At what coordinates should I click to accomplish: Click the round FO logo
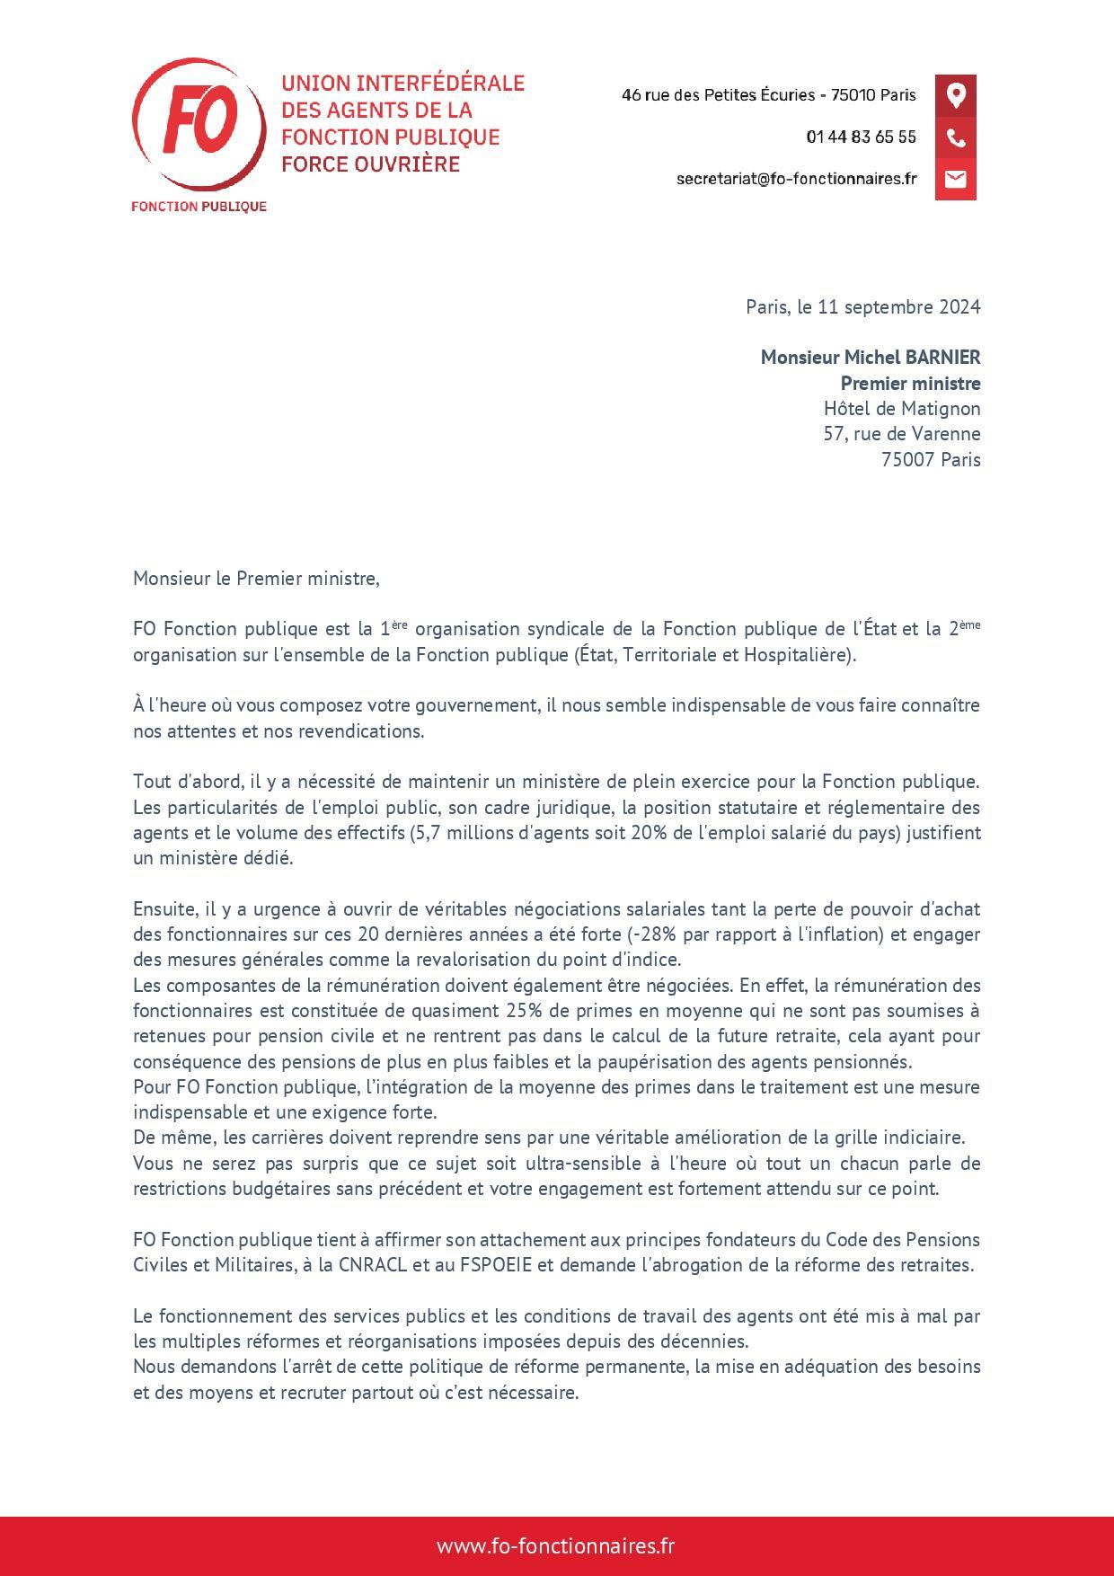point(199,123)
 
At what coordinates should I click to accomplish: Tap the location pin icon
point(955,95)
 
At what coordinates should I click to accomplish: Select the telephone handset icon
point(955,137)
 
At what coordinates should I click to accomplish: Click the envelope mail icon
point(955,179)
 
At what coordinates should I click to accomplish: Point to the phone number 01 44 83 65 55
point(861,137)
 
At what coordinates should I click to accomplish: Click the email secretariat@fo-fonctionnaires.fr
point(796,179)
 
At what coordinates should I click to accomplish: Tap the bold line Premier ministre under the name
point(910,383)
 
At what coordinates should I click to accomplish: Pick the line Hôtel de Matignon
point(902,408)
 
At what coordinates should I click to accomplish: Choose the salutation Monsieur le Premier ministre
point(256,578)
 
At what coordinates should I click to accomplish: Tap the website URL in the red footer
point(555,1546)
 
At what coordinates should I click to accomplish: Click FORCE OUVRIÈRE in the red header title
point(370,164)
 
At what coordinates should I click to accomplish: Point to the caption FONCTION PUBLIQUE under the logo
point(199,206)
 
